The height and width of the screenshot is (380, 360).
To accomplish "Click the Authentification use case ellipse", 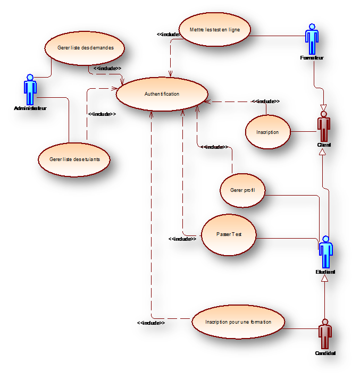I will [162, 94].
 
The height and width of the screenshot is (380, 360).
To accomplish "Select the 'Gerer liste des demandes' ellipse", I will [85, 48].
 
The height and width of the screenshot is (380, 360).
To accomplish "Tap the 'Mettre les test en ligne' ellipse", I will [214, 30].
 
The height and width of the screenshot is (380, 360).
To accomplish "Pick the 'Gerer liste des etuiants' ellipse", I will [75, 159].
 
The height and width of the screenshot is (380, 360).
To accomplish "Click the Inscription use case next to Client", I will [267, 132].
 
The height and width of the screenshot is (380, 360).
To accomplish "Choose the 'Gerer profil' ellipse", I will [242, 190].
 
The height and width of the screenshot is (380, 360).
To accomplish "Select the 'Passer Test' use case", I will [229, 234].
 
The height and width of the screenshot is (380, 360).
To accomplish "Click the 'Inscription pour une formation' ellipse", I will [238, 322].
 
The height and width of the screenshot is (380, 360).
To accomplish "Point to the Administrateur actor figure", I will [30, 90].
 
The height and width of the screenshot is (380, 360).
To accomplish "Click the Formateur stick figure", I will [312, 39].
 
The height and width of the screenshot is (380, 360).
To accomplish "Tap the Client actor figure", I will [323, 127].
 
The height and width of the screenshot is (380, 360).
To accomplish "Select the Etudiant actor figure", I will [325, 252].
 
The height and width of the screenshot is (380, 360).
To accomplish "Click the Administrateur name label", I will [30, 108].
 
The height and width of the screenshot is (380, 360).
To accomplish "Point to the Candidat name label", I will [325, 353].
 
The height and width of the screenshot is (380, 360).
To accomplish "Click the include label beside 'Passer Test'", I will [182, 239].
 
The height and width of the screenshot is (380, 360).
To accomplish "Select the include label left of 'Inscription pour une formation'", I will [151, 323].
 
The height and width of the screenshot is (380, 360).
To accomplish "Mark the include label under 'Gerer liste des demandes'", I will [107, 69].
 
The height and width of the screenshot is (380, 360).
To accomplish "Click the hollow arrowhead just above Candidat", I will [324, 277].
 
